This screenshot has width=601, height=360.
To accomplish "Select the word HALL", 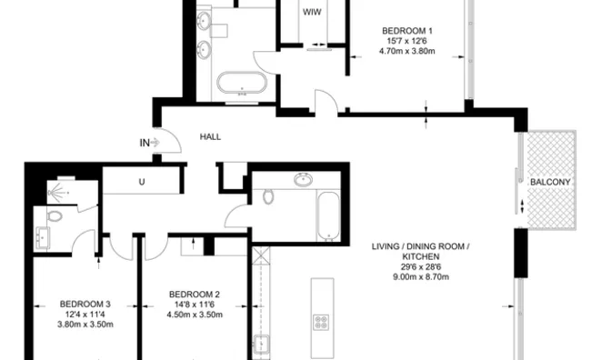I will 210,137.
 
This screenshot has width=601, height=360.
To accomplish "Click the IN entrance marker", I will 145,142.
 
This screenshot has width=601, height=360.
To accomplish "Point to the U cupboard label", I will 142,182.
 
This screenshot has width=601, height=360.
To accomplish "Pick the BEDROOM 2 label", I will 195,295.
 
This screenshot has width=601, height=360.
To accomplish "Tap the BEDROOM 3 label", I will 85,304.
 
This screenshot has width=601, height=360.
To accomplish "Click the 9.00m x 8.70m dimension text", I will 425,276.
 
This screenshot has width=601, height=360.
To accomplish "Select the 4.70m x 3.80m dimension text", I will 406,53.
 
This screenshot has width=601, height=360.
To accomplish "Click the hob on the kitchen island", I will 322,323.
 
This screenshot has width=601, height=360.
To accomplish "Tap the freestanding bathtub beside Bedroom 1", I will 242,85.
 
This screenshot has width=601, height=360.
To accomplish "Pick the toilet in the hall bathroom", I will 267,196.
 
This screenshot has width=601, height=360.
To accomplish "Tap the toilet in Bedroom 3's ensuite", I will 54,216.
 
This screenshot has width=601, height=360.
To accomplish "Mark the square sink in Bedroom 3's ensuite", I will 42,240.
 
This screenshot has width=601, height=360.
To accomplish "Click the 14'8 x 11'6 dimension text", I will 195,305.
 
